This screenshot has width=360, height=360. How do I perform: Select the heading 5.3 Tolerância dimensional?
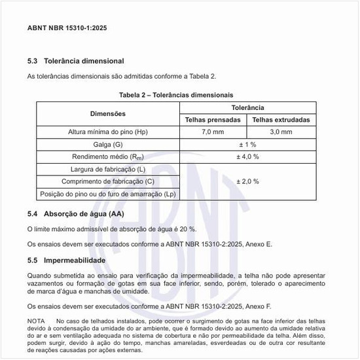[76, 61]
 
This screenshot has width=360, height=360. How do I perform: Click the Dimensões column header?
[108, 113]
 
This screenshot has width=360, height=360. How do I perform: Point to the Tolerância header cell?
[247, 107]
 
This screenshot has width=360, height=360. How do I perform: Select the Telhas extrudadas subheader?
[281, 120]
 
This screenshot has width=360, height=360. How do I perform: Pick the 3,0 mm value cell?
[281, 132]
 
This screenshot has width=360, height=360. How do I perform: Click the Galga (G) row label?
[108, 144]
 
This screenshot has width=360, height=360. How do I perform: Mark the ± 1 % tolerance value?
[247, 144]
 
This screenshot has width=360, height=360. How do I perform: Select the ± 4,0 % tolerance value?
[247, 156]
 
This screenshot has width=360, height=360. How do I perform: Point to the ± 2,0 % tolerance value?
[247, 181]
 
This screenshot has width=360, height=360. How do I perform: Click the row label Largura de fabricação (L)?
[108, 169]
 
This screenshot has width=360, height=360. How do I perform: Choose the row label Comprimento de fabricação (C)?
[108, 181]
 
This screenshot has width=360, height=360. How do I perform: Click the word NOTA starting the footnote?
[36, 321]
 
